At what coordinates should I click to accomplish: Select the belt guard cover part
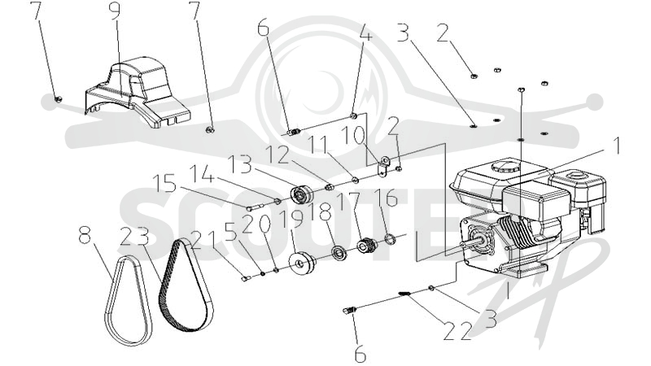(137, 92)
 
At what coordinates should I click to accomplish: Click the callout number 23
(134, 237)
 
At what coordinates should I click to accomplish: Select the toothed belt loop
(186, 285)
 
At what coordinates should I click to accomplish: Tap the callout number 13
(240, 164)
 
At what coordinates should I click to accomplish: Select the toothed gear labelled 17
(367, 246)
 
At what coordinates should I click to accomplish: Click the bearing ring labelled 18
(339, 252)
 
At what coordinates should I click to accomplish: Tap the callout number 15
(164, 184)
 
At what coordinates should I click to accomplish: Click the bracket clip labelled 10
(383, 165)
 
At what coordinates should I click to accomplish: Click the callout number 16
(386, 198)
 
